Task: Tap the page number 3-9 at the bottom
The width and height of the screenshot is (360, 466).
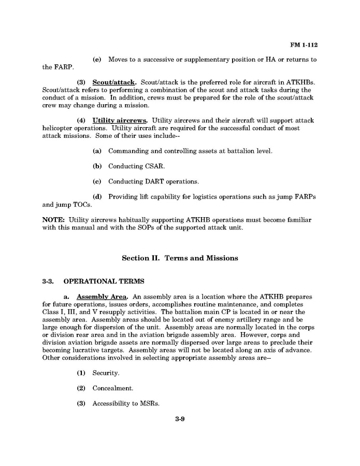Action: click(180, 419)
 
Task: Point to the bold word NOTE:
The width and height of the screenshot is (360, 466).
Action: click(53, 220)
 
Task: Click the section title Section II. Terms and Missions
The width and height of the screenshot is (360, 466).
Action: click(180, 258)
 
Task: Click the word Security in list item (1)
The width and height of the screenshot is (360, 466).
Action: click(106, 373)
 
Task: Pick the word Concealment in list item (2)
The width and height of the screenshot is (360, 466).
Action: click(113, 388)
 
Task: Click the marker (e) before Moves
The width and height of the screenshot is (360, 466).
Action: click(96, 60)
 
